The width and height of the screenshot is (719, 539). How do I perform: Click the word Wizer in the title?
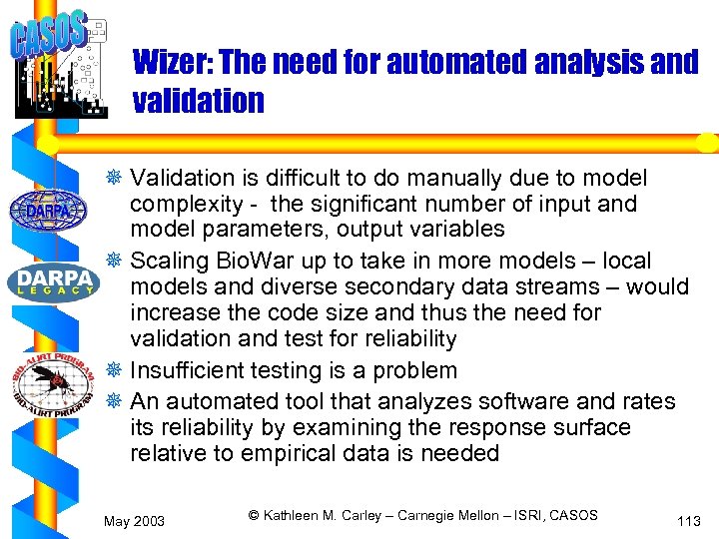tap(171, 63)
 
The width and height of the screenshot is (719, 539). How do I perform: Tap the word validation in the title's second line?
tap(198, 101)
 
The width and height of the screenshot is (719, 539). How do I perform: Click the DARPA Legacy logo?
tap(52, 282)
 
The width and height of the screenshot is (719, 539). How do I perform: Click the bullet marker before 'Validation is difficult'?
tap(117, 179)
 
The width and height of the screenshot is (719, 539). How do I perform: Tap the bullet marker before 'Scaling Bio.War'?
tap(117, 262)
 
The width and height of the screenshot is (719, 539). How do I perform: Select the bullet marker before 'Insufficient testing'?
tap(117, 371)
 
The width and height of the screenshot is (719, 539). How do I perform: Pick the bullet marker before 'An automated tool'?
tap(117, 402)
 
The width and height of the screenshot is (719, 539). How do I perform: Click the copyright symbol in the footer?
tap(254, 515)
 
